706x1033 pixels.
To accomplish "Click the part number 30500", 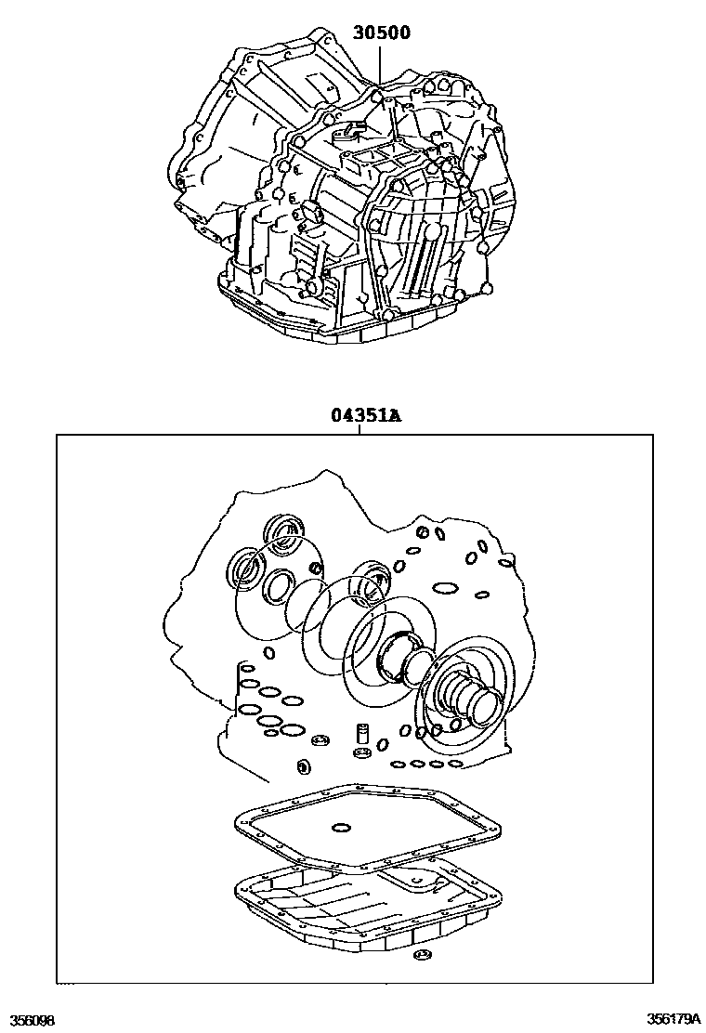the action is [381, 32].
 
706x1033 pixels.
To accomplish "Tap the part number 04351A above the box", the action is [366, 415].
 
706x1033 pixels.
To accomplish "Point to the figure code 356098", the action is [28, 1020].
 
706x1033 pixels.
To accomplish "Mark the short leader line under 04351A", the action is [360, 429].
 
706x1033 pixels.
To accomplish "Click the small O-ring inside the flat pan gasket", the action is [341, 828].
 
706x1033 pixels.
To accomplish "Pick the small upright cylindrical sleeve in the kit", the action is [361, 734].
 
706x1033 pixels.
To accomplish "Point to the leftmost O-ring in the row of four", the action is [398, 765].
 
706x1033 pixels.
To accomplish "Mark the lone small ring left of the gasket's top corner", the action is [303, 766].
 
